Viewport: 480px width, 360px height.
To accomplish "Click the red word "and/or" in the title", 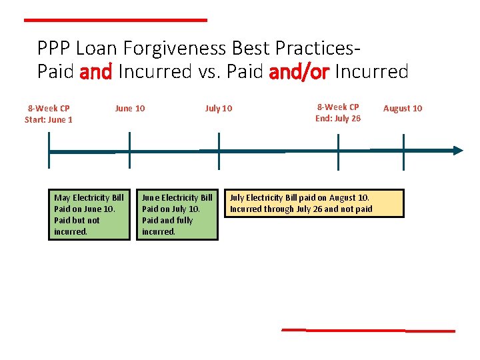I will pyautogui.click(x=299, y=72).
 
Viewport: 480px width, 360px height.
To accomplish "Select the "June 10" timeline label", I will pyautogui.click(x=129, y=109).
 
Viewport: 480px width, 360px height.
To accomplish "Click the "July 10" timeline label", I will pyautogui.click(x=219, y=109).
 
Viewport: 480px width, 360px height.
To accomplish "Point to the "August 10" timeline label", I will pyautogui.click(x=403, y=109).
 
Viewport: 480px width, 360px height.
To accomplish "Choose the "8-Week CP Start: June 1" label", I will pyautogui.click(x=49, y=114).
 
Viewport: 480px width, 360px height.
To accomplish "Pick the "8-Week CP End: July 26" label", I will pyautogui.click(x=338, y=113).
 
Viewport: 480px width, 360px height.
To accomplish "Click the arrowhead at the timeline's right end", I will pyautogui.click(x=457, y=150).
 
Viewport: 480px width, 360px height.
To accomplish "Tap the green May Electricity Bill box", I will pyautogui.click(x=89, y=215).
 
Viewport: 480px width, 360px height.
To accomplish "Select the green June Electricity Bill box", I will pyautogui.click(x=177, y=215).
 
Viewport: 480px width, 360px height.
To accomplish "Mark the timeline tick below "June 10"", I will pyautogui.click(x=129, y=150).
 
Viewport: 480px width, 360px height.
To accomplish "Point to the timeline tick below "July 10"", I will pyautogui.click(x=219, y=150).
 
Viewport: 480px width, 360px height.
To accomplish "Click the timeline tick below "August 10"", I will pyautogui.click(x=403, y=150).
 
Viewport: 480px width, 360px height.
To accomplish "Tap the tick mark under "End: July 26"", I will pyautogui.click(x=339, y=150).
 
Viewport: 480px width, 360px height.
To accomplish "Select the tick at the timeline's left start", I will pyautogui.click(x=49, y=150).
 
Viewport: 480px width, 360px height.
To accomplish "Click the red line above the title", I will pyautogui.click(x=115, y=20).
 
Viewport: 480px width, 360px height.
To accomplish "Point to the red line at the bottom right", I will pyautogui.click(x=368, y=330).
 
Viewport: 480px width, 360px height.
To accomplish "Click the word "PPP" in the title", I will pyautogui.click(x=54, y=49).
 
